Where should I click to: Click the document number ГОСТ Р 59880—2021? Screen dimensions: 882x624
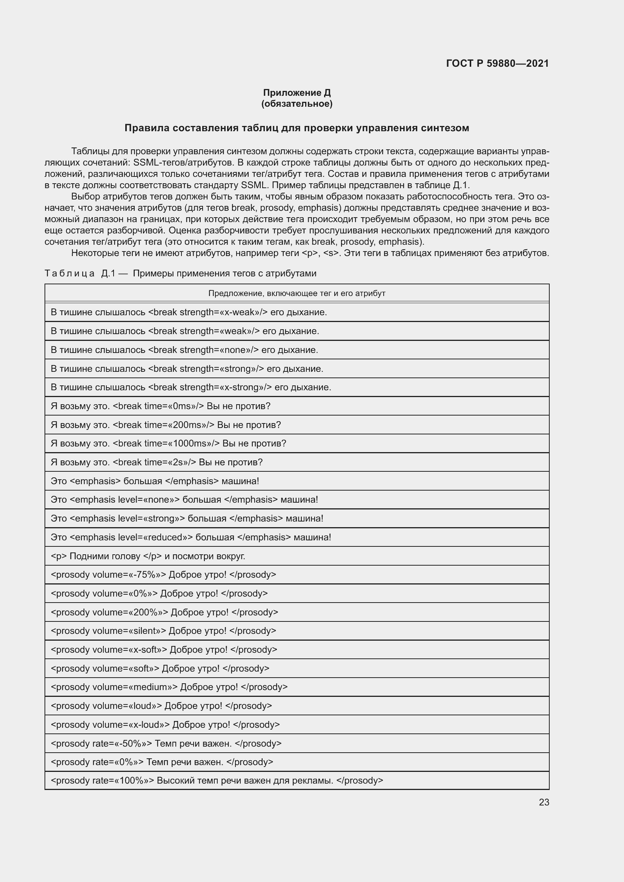(x=497, y=63)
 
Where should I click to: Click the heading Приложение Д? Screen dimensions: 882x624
(x=297, y=93)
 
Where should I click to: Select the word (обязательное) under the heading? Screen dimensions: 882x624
(x=297, y=104)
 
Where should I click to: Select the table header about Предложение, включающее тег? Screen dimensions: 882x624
(x=297, y=293)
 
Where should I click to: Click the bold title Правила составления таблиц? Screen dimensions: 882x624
(x=297, y=128)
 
